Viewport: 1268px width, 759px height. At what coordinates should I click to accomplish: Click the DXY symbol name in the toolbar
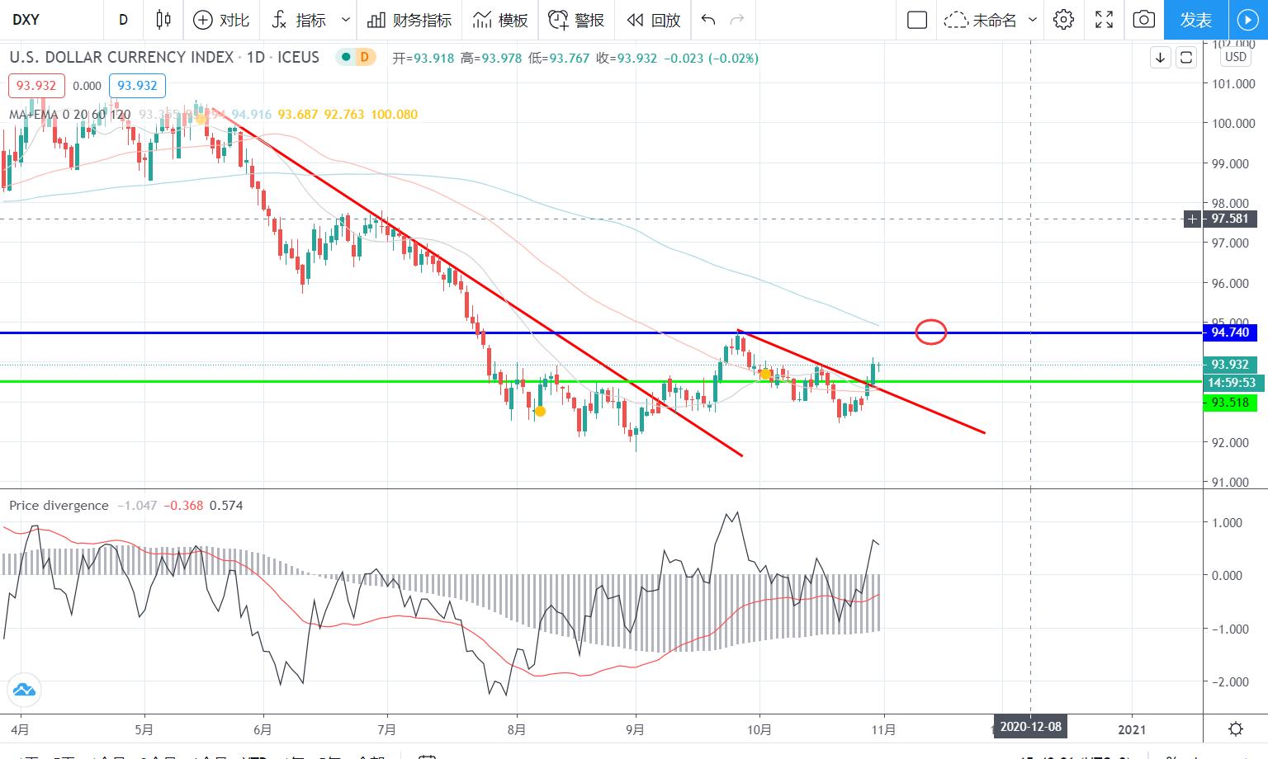pyautogui.click(x=26, y=20)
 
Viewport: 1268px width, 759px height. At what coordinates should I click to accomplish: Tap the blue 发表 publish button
pyautogui.click(x=1195, y=20)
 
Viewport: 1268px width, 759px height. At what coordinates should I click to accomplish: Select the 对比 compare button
pyautogui.click(x=221, y=20)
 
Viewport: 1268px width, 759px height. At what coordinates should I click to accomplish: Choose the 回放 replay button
pyautogui.click(x=654, y=20)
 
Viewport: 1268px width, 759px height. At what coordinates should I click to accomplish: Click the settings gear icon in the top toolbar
pyautogui.click(x=1063, y=20)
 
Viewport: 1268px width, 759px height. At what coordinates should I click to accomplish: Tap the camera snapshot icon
pyautogui.click(x=1143, y=20)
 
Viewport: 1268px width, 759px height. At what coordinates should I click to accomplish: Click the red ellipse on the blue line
pyautogui.click(x=931, y=332)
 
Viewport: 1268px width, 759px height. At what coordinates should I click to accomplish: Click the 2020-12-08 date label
pyautogui.click(x=1030, y=727)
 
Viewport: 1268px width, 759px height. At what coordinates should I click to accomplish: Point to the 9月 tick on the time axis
pyautogui.click(x=635, y=729)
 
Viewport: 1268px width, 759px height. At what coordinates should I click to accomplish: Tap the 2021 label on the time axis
pyautogui.click(x=1132, y=729)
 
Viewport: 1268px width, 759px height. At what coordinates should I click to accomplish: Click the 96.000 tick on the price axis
pyautogui.click(x=1229, y=283)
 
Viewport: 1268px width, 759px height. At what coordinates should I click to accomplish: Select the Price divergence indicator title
pyautogui.click(x=59, y=505)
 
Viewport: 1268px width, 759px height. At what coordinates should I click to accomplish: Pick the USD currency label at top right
pyautogui.click(x=1235, y=57)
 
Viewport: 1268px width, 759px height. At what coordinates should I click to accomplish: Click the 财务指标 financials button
pyautogui.click(x=410, y=20)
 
